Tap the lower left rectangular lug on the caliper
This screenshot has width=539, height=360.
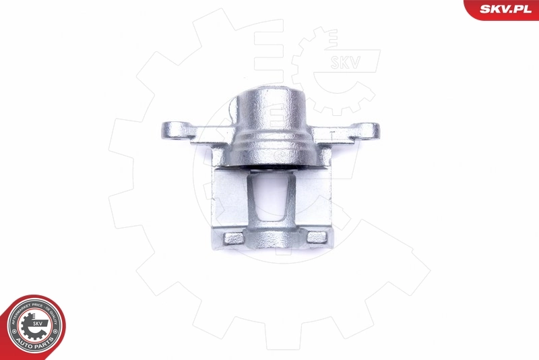tap(234, 238)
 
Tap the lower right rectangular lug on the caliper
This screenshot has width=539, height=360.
tap(315, 237)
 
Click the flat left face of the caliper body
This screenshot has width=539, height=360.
tap(228, 199)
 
